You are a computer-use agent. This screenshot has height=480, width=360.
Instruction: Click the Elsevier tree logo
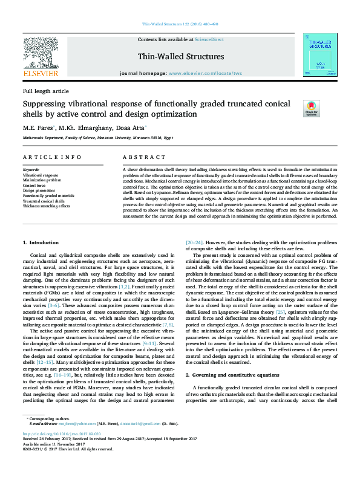(41, 53)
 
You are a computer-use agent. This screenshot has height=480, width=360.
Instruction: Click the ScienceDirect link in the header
(209, 39)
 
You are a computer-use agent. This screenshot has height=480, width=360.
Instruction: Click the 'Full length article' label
(46, 91)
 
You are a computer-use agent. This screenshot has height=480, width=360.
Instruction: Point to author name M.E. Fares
(39, 128)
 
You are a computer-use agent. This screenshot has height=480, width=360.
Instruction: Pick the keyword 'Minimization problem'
(42, 180)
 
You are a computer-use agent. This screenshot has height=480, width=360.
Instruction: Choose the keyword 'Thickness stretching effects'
(47, 206)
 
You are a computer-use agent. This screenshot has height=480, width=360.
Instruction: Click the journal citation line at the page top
(180, 24)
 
